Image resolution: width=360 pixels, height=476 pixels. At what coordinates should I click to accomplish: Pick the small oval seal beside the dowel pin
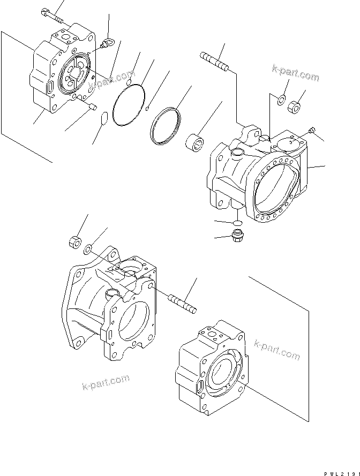[105, 118]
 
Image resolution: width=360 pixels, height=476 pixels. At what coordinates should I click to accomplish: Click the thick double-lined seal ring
[166, 127]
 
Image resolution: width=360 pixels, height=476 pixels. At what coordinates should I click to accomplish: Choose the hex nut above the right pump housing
[294, 106]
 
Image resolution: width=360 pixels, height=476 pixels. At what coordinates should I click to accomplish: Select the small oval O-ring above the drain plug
[236, 221]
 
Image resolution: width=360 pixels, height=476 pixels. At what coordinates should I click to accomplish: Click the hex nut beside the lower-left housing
[74, 241]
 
